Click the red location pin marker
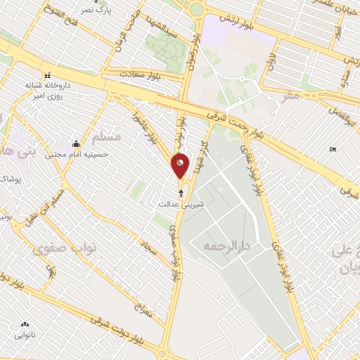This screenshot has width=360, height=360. click(181, 165)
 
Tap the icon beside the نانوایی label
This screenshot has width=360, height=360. click(25, 324)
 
